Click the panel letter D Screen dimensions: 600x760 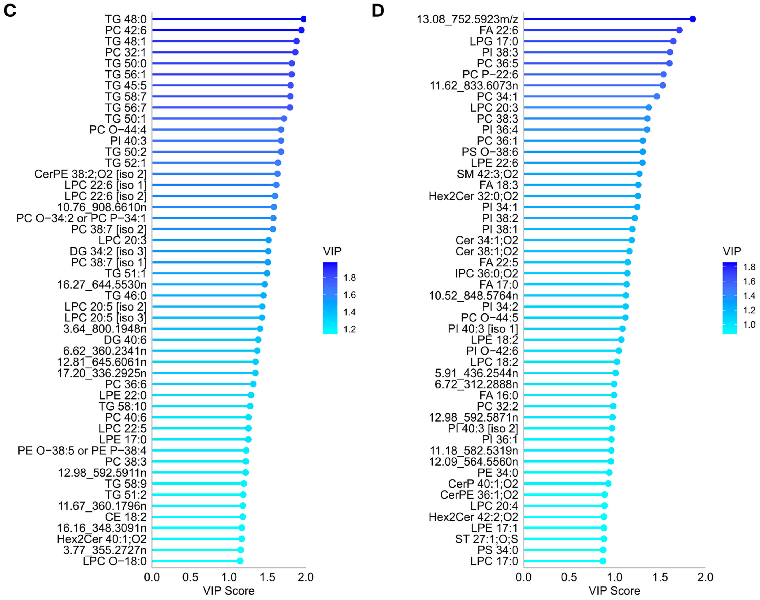pyautogui.click(x=378, y=11)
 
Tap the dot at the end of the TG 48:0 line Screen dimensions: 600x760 pyautogui.click(x=303, y=19)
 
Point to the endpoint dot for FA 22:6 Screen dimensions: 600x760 pyautogui.click(x=679, y=30)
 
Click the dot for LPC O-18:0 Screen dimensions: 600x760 pyautogui.click(x=240, y=561)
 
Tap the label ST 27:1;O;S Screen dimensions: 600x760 pyautogui.click(x=487, y=539)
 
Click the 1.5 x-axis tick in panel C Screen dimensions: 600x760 pyautogui.click(x=267, y=577)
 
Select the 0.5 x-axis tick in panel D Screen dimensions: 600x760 pyautogui.click(x=569, y=577)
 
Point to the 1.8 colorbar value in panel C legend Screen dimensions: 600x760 pyautogui.click(x=349, y=278)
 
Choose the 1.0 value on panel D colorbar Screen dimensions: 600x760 pyautogui.click(x=749, y=325)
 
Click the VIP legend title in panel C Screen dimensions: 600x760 pyautogui.click(x=332, y=251)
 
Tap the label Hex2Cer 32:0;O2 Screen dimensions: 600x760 pyautogui.click(x=473, y=196)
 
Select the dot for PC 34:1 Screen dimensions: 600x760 pyautogui.click(x=656, y=96)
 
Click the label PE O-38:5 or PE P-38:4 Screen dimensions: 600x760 pyautogui.click(x=82, y=450)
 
